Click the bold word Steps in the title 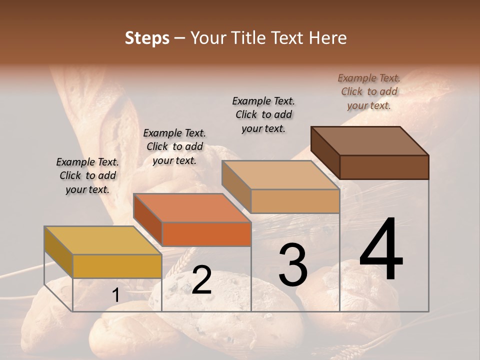147,38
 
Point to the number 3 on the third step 292,264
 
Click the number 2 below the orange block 201,280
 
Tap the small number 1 115,295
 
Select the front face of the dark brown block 384,167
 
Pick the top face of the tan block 280,175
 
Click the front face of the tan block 295,201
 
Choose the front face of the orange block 206,234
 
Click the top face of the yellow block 102,240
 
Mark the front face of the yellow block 117,266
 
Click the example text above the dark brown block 369,91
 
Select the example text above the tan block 263,114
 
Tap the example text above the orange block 174,146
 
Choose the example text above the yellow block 87,175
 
